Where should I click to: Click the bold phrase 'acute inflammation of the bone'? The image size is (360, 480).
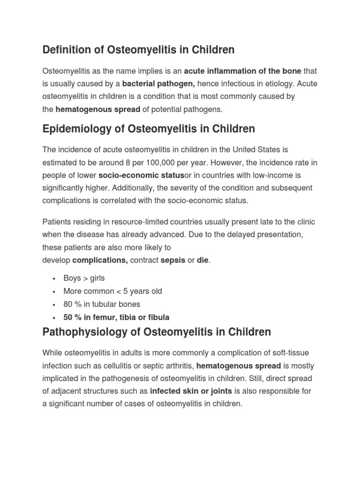pyautogui.click(x=243, y=71)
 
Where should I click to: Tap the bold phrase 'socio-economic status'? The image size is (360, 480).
pyautogui.click(x=141, y=175)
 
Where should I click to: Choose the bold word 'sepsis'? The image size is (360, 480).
pyautogui.click(x=173, y=260)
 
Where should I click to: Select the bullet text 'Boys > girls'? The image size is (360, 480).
pyautogui.click(x=84, y=278)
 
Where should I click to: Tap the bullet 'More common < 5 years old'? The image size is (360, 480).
pyautogui.click(x=112, y=291)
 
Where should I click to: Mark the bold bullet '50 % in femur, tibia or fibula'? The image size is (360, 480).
pyautogui.click(x=116, y=317)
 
